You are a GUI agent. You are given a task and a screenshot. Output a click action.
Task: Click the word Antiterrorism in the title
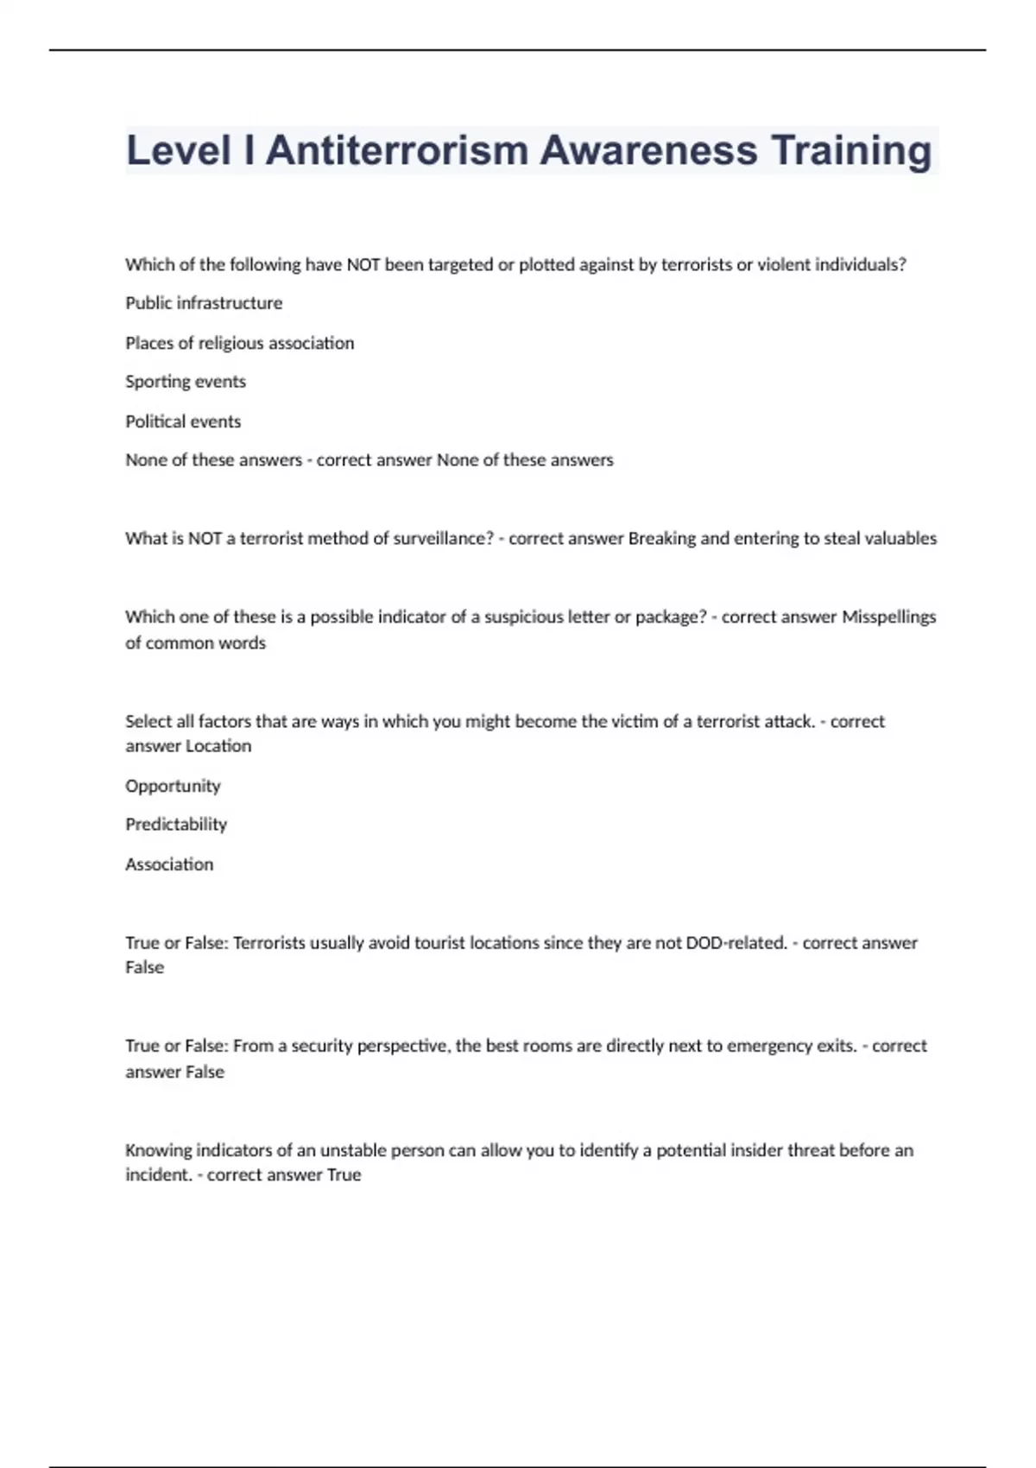coord(397,150)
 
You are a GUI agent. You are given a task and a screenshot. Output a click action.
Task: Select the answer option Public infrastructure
coord(204,303)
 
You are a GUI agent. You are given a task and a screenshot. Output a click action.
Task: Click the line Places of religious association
coord(239,343)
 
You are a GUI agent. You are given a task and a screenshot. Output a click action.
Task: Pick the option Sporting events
coord(186,382)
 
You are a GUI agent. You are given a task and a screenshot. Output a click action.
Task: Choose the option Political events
coord(183,421)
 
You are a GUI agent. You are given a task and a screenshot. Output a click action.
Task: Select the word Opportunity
coord(173,786)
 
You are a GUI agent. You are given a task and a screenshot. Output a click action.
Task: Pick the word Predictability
coord(176,825)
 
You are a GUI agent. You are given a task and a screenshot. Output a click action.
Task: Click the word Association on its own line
coord(169,864)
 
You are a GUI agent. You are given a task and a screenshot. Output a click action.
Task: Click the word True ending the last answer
coord(344,1175)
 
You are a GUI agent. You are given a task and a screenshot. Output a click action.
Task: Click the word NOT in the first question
coord(363,265)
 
